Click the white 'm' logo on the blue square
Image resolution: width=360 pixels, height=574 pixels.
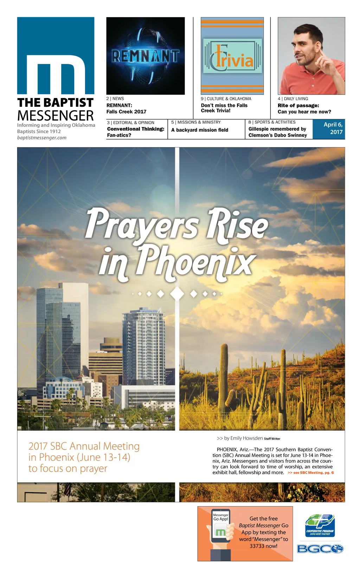click(56, 74)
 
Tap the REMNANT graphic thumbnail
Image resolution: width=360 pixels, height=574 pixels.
click(145, 56)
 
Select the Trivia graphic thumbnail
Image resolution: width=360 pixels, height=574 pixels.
click(232, 56)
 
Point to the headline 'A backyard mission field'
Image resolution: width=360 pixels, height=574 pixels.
click(199, 130)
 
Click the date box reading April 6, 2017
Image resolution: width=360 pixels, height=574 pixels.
click(329, 129)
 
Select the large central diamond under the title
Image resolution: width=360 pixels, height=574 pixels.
click(177, 293)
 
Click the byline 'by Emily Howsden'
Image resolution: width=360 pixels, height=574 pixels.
click(243, 438)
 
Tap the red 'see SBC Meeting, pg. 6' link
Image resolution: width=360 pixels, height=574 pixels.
click(311, 473)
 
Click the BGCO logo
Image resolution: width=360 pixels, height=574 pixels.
click(320, 549)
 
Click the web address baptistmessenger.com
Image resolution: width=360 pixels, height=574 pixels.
click(42, 138)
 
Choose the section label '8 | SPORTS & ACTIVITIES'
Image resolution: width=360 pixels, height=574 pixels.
click(272, 122)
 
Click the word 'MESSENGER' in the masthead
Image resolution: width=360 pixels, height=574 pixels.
click(56, 116)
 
